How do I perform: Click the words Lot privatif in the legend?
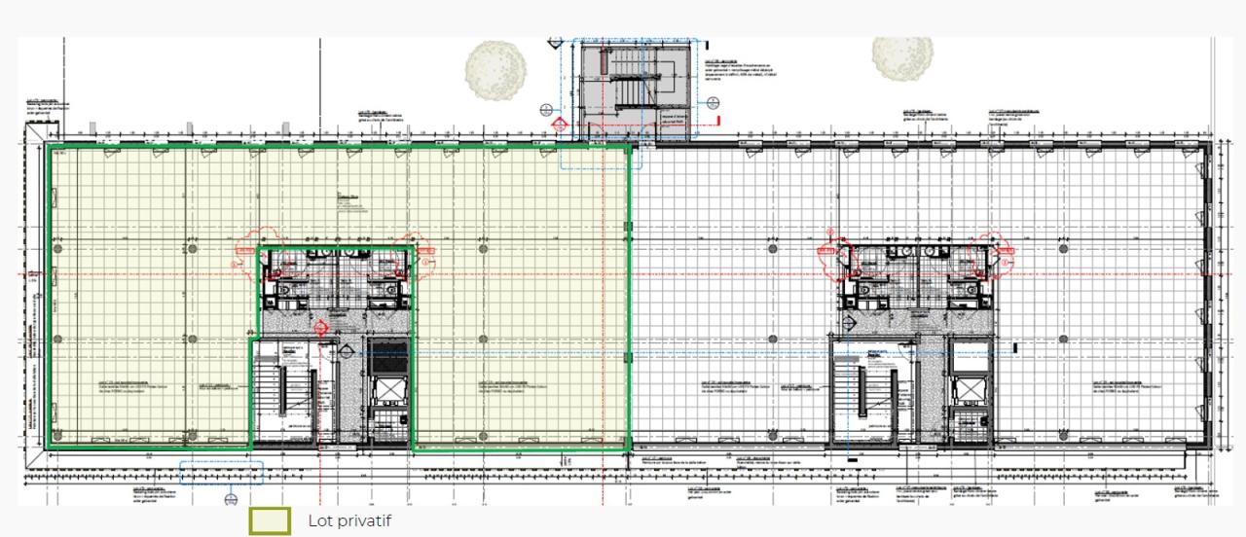[x=349, y=520]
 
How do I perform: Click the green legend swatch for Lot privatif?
[x=270, y=520]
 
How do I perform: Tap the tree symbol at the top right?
[x=901, y=57]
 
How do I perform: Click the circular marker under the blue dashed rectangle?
[x=232, y=499]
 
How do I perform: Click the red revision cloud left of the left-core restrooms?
[x=247, y=248]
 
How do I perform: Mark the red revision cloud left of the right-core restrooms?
[x=829, y=248]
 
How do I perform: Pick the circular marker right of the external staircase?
[x=714, y=102]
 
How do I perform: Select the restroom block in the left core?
[x=336, y=277]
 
